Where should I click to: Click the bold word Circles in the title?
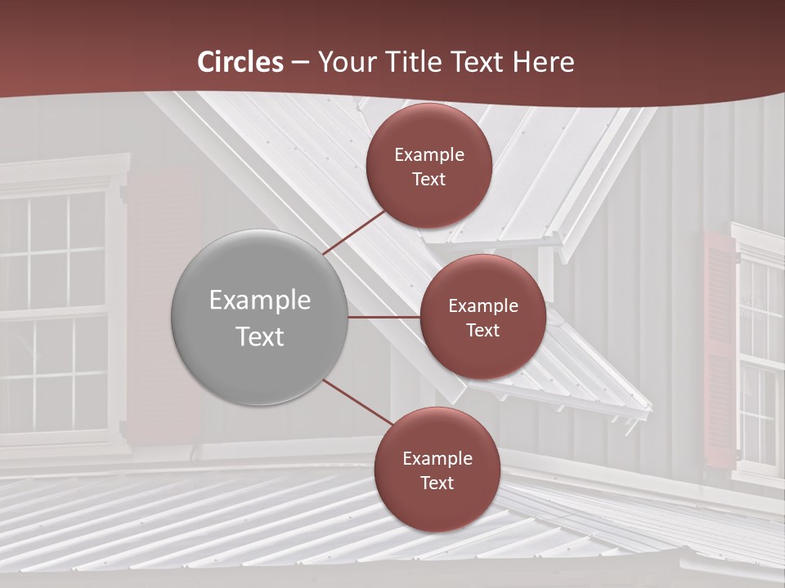pyautogui.click(x=240, y=62)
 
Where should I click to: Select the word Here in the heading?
pyautogui.click(x=544, y=62)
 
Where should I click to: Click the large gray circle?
pyautogui.click(x=259, y=317)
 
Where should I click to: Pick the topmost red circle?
pyautogui.click(x=428, y=166)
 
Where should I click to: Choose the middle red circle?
pyautogui.click(x=482, y=317)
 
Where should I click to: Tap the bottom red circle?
pyautogui.click(x=437, y=470)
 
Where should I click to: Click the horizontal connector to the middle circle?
pyautogui.click(x=384, y=317)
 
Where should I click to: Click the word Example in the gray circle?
pyautogui.click(x=259, y=301)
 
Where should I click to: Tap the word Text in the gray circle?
pyautogui.click(x=259, y=336)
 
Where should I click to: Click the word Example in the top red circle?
pyautogui.click(x=428, y=155)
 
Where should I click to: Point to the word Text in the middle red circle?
pyautogui.click(x=482, y=330)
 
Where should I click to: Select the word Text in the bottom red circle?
pyautogui.click(x=437, y=483)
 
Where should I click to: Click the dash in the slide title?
pyautogui.click(x=300, y=63)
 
